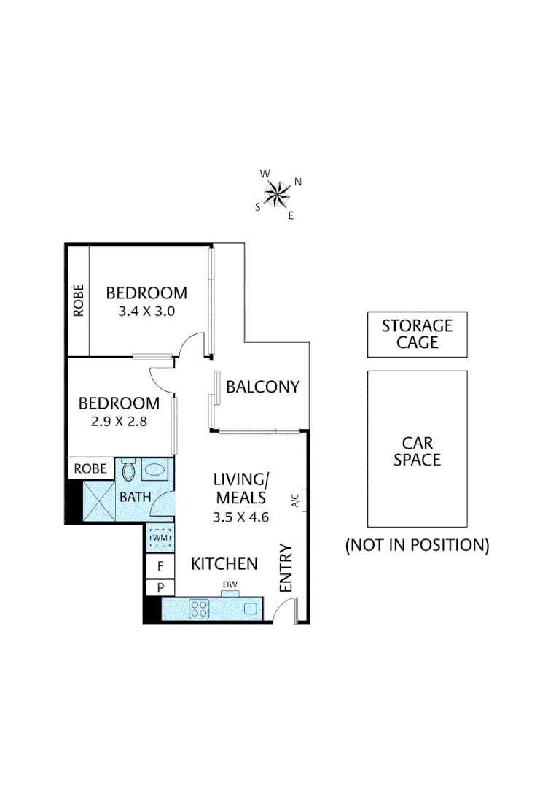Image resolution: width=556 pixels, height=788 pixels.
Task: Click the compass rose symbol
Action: tap(277, 194)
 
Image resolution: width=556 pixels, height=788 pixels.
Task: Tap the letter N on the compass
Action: tap(298, 182)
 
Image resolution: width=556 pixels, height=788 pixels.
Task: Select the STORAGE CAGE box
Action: tap(417, 334)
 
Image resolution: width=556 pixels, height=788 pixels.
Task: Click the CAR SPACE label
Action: tap(417, 451)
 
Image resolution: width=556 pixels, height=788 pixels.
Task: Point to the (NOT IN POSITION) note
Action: tap(417, 544)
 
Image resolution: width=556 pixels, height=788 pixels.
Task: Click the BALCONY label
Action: tap(262, 387)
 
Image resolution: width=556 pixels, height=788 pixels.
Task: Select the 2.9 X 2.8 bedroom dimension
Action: tap(119, 420)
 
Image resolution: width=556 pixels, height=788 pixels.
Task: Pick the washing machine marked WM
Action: tap(160, 538)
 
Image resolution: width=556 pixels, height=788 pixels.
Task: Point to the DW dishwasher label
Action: tap(230, 584)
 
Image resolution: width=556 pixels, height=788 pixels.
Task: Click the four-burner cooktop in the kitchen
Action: tap(199, 608)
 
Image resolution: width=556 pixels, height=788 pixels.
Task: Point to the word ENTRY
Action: tap(286, 568)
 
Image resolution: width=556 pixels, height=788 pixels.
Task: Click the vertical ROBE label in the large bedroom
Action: tap(79, 300)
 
